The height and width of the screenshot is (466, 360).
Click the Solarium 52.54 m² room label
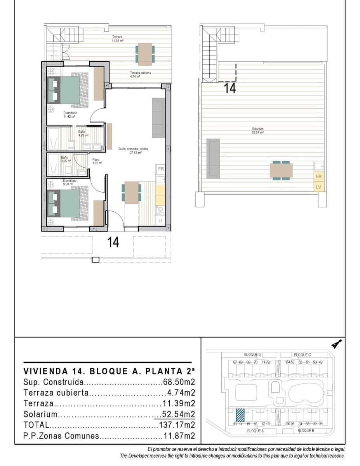257,130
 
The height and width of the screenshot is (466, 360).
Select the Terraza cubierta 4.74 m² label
140,75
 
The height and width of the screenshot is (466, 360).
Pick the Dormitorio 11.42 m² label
69,115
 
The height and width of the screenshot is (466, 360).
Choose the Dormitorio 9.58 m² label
70,182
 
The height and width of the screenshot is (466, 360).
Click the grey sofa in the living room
158,118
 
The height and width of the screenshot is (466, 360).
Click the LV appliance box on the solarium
319,187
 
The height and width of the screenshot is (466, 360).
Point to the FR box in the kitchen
161,169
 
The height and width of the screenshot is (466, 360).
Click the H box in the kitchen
160,221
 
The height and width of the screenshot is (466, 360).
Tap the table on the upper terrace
145,54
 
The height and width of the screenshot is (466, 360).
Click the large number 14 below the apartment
113,242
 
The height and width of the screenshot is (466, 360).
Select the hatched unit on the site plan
240,414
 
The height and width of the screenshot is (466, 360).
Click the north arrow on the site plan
336,344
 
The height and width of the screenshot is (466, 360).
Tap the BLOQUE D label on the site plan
253,355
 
